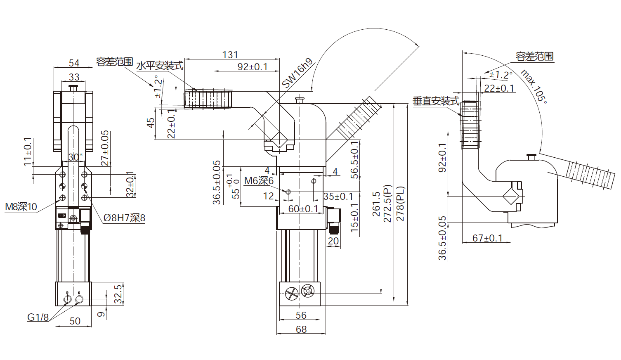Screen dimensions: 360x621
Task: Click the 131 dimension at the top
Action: pos(230,54)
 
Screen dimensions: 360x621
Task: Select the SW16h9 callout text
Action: pos(298,73)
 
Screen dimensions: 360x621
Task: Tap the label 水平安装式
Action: pos(160,66)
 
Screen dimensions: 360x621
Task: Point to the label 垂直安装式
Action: pos(436,101)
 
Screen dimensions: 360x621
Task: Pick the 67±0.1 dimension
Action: pos(487,238)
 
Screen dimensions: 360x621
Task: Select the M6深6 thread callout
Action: pos(259,180)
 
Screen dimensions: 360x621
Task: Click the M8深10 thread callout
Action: pos(21,207)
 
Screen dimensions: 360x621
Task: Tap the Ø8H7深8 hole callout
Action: pos(124,218)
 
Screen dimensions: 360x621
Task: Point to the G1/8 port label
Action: pos(38,317)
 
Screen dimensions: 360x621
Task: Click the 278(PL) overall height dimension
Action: pos(400,204)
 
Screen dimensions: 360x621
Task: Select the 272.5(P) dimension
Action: pos(388,204)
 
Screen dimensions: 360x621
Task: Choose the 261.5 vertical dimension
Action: pos(376,204)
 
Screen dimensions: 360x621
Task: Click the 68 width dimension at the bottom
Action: pos(301,329)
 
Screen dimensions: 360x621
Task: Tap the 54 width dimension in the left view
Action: pos(74,63)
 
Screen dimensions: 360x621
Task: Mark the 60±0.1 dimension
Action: pos(303,209)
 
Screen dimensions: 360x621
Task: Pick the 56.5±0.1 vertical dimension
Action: pos(354,160)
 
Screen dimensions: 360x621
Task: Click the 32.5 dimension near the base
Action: pos(118,294)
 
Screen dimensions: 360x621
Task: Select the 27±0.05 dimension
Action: pos(105,148)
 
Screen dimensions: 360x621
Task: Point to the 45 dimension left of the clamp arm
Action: pos(151,123)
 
